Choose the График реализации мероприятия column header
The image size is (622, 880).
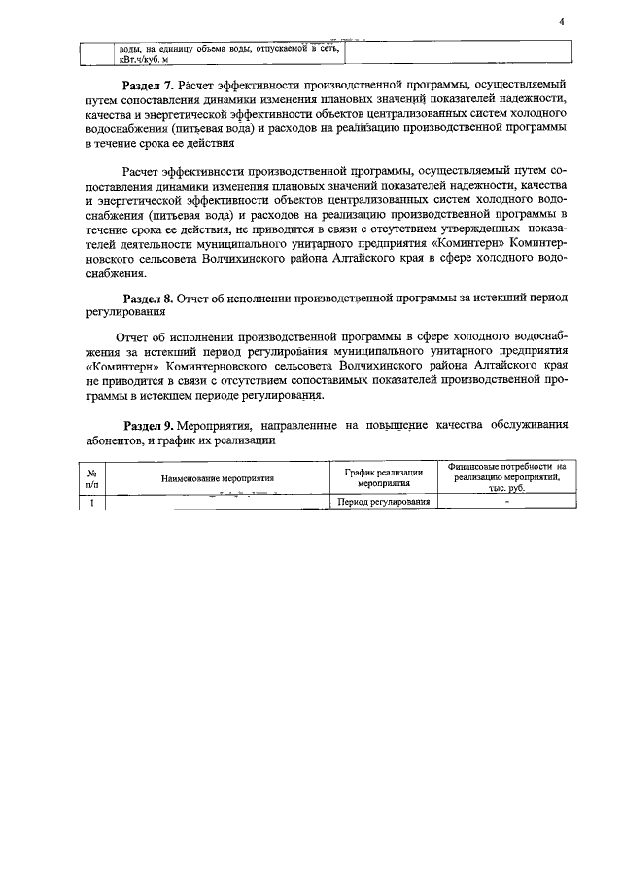[383, 476]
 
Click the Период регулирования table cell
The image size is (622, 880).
[383, 502]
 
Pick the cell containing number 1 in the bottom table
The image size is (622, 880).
[92, 502]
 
